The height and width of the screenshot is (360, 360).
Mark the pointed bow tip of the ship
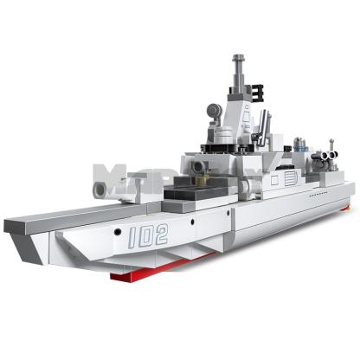7,226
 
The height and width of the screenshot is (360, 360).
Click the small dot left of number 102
118,234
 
